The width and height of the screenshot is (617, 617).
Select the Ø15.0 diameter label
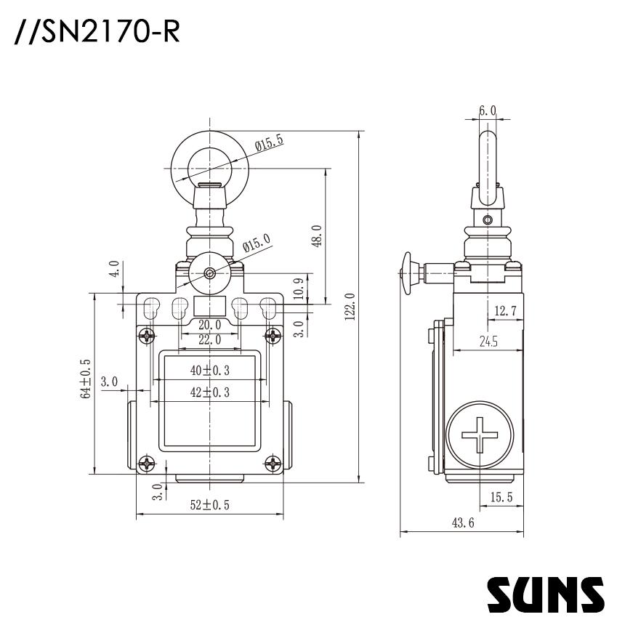coord(256,244)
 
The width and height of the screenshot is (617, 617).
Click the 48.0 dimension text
coord(315,236)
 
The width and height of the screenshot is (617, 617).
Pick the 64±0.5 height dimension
coord(86,379)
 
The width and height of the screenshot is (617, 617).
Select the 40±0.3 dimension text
coord(209,370)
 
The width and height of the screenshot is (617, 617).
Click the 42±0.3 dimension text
coord(209,392)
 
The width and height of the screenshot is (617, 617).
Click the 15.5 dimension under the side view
coord(501,497)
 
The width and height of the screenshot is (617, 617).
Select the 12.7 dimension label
coord(504,311)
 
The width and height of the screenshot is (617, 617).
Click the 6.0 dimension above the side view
coord(488,111)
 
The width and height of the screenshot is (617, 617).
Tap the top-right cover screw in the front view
coord(273,336)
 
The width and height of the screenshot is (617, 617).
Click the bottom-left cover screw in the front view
coord(148,463)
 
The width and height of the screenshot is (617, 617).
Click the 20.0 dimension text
coord(209,325)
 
